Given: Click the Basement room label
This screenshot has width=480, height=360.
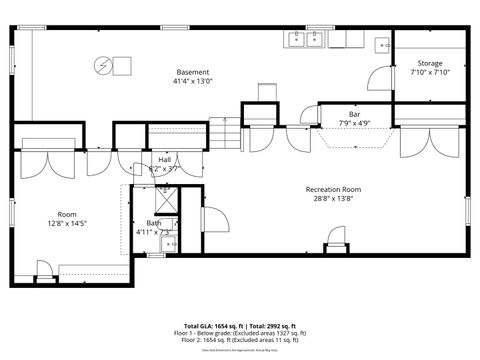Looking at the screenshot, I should pos(193,72).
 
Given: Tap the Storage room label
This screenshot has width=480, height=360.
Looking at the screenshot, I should pos(430,63).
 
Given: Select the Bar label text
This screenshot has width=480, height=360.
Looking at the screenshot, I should pos(354,114).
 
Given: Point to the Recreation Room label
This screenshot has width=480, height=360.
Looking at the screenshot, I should pos(333,189).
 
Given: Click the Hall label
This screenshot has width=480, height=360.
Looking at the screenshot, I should pos(163,159).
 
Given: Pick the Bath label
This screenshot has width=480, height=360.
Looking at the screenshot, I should pos(153,223).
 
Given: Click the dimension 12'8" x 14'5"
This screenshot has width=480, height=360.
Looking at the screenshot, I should pos(67,224).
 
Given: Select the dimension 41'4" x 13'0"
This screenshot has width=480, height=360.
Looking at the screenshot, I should pos(193,82).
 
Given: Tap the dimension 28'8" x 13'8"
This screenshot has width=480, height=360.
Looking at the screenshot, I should pos(333,199).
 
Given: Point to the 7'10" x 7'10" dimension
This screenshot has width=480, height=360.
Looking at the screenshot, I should pos(430,72).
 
